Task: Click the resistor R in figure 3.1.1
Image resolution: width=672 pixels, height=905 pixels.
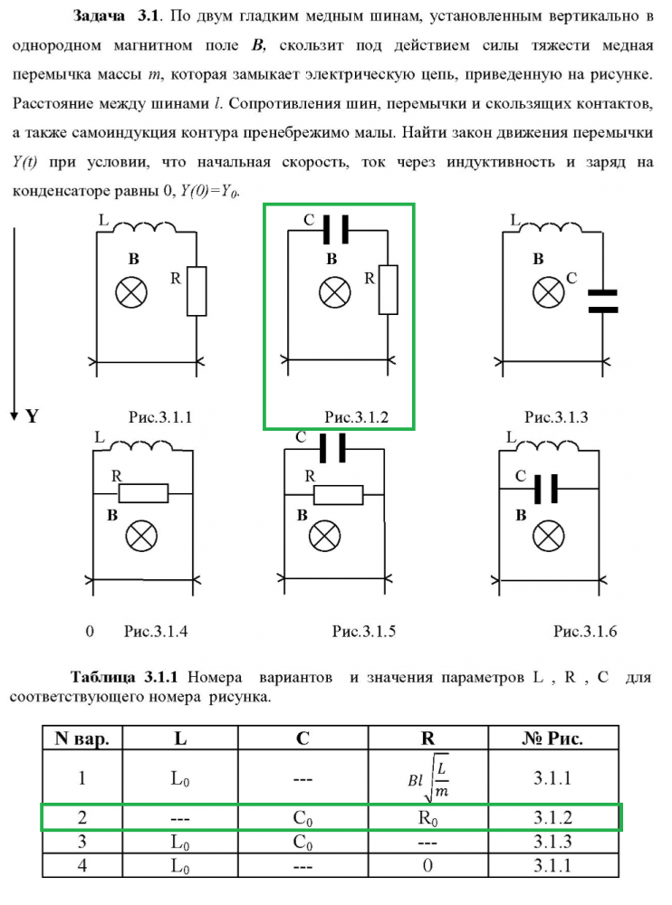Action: pos(197,291)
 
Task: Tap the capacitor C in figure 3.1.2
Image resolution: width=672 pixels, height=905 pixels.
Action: pos(335,231)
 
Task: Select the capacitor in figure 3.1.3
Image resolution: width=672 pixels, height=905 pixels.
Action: pos(602,301)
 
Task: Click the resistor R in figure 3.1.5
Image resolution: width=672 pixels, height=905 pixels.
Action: pos(339,494)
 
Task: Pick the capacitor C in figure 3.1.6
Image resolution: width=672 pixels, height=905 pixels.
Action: pos(547,490)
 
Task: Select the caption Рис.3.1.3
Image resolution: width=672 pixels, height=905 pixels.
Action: pos(556,417)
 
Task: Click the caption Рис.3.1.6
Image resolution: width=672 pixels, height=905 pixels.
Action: pos(585,631)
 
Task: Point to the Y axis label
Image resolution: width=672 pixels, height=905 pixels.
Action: pos(32,416)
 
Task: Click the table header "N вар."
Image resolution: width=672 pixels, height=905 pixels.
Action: pos(82,738)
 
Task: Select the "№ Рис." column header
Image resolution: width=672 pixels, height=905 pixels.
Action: pos(552,738)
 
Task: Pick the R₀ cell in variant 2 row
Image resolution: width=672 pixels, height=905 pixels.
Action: pos(428,817)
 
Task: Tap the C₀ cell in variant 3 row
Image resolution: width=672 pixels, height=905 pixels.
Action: pos(302,843)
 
